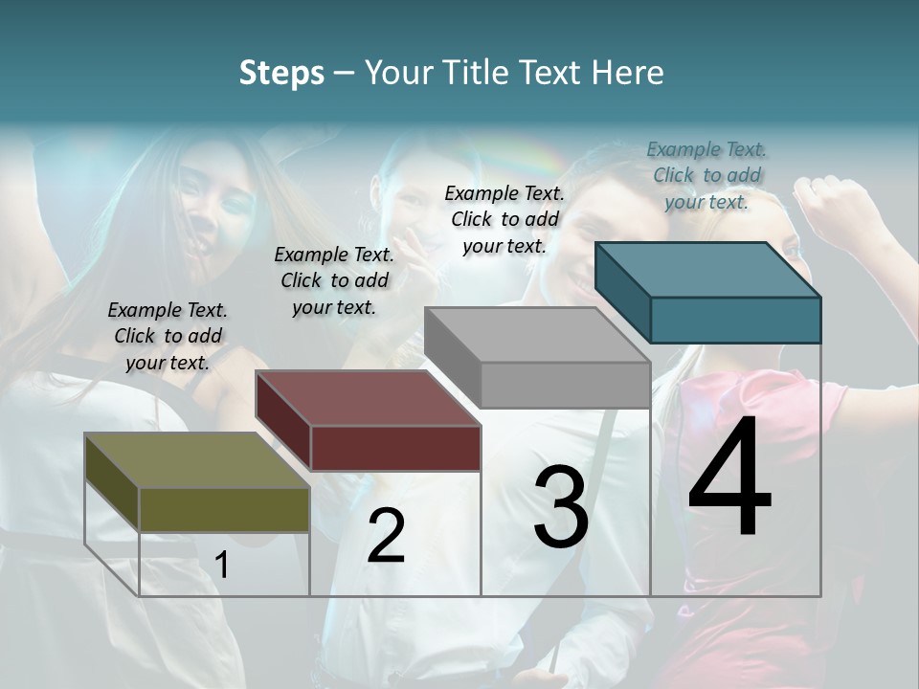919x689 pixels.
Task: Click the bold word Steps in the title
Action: (281, 73)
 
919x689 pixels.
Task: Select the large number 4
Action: (729, 478)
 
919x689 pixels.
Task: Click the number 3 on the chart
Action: (560, 507)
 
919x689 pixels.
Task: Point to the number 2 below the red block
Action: (386, 536)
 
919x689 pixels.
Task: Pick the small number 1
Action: (222, 566)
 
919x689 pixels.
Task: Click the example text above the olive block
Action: (168, 336)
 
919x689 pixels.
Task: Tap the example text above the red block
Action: (334, 280)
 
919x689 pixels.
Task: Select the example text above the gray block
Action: (504, 219)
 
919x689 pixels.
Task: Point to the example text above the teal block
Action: (706, 175)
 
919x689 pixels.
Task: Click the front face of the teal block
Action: (735, 320)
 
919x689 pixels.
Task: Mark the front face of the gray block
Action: (565, 385)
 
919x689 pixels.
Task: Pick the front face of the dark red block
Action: (395, 448)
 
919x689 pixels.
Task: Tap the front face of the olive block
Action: (224, 509)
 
